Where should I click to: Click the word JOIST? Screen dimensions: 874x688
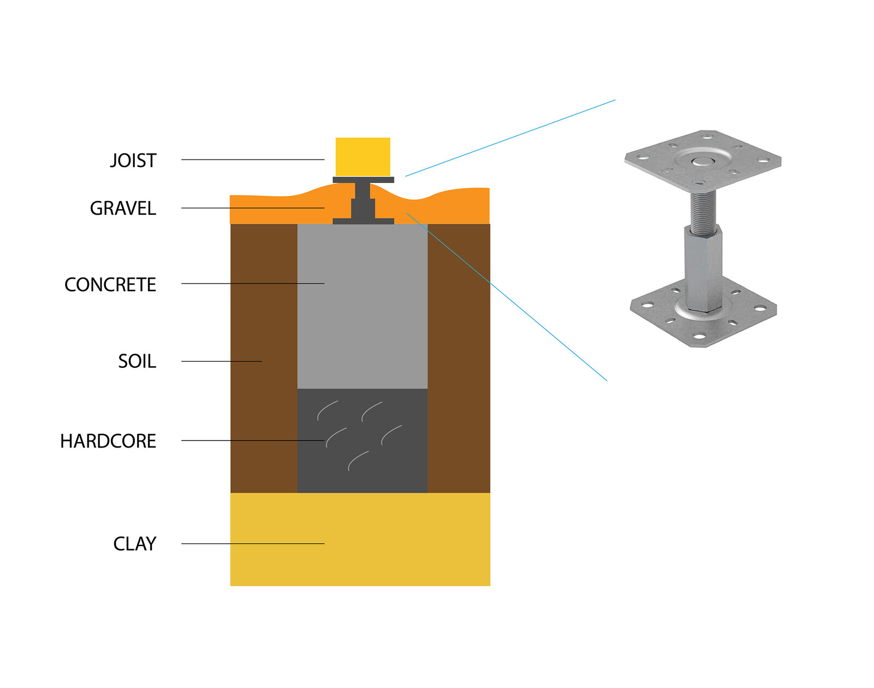133,161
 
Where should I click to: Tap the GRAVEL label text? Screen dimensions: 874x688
123,208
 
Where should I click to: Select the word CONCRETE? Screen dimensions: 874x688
110,285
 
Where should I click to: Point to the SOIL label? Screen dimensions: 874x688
137,361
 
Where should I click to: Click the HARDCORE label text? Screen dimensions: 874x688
108,442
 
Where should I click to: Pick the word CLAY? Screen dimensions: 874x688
135,544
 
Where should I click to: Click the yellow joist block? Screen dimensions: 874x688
363,157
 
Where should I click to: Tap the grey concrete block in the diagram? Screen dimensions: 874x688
362,307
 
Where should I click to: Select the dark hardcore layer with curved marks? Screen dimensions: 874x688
362,441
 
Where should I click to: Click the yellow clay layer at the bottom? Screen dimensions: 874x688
360,539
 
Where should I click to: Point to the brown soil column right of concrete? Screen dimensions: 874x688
459,358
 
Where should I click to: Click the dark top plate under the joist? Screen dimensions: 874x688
363,180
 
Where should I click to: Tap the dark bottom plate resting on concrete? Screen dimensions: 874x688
363,221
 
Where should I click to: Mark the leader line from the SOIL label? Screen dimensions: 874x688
221,361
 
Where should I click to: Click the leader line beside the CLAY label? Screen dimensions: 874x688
252,544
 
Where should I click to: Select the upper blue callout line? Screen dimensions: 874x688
511,138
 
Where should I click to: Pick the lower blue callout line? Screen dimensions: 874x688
507,297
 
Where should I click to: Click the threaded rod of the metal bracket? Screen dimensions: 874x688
702,213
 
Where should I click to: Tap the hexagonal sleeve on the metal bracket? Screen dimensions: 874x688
703,269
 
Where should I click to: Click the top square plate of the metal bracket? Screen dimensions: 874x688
703,161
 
